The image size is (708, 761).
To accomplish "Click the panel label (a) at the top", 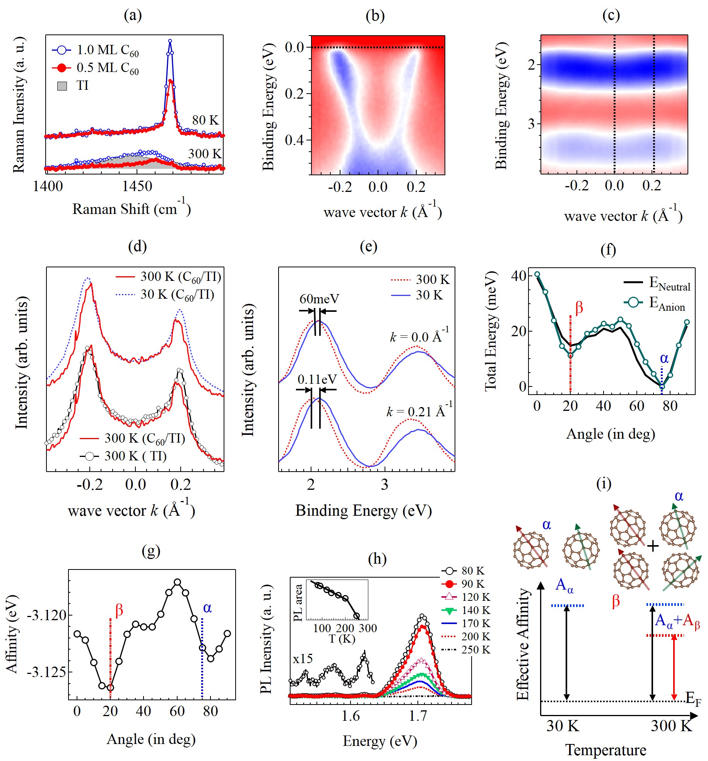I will tap(133, 15).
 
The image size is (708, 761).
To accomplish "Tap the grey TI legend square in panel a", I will tap(62, 86).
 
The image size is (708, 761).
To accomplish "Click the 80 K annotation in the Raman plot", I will tap(205, 120).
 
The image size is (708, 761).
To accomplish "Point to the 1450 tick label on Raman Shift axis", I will tap(137, 186).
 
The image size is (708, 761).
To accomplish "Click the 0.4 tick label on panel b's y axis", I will tap(294, 140).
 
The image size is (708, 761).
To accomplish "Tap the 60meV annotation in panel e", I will tap(319, 299).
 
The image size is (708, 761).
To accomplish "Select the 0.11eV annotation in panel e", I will tap(317, 379).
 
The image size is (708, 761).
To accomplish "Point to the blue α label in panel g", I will tap(207, 608).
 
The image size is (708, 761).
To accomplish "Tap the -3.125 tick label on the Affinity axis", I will tap(46, 672).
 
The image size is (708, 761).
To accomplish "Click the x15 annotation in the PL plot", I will tap(303, 658).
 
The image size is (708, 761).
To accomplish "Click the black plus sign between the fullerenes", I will tap(653, 546).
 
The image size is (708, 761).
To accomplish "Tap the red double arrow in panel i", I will tap(674, 667).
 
